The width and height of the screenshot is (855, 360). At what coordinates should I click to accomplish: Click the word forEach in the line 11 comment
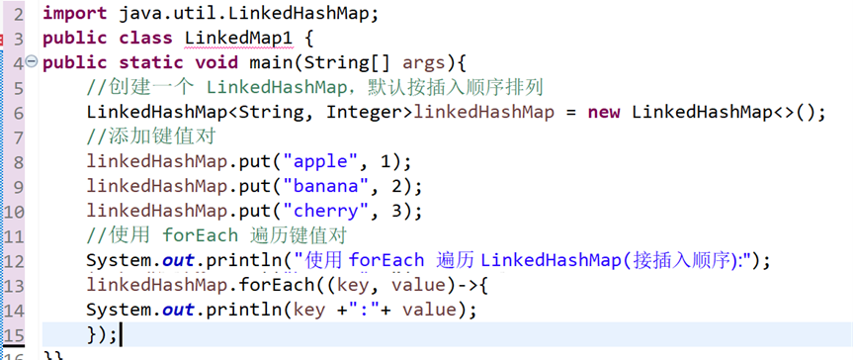(201, 235)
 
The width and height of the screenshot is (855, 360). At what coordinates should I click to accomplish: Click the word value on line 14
(436, 310)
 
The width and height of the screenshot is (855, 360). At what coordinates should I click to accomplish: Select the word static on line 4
(137, 63)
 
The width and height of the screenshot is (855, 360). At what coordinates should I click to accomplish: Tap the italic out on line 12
(179, 260)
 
